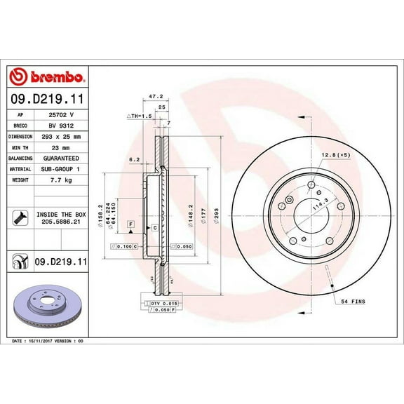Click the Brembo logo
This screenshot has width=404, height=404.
coord(48,76)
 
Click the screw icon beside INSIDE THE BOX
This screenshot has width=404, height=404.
coord(18,216)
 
